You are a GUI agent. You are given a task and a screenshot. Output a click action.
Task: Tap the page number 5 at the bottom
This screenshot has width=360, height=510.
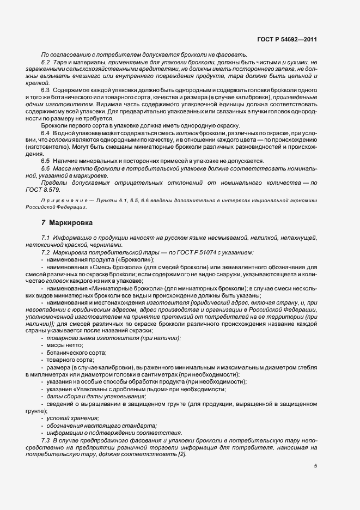315,465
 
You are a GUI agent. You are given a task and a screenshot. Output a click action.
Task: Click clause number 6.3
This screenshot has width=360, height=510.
45,89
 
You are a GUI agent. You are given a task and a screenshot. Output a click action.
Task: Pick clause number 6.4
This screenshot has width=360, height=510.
45,133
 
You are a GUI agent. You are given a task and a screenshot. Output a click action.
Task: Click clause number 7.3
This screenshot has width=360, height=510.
45,440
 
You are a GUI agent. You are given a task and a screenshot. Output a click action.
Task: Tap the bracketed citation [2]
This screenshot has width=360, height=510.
181,454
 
